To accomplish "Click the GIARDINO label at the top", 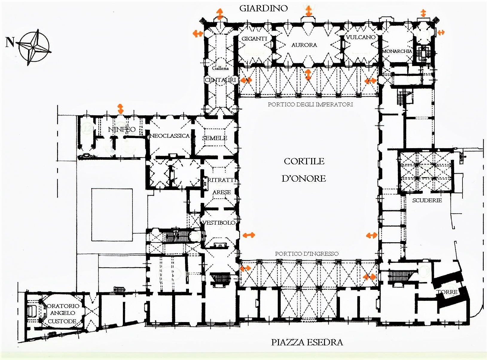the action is [263, 8].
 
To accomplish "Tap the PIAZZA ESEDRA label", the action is [307, 342].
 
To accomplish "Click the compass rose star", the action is [34, 47].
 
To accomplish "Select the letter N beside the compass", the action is [10, 42].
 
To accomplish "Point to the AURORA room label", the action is [304, 45].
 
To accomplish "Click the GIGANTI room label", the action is [254, 39].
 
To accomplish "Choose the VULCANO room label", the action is [361, 37].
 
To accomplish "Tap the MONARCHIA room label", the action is [397, 51].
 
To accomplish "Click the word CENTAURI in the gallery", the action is [220, 80].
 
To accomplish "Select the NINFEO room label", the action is [122, 129].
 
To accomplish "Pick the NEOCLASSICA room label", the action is [169, 136].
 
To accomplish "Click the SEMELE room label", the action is [215, 138].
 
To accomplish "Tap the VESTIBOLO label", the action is [219, 223].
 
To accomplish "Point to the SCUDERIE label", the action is [427, 200].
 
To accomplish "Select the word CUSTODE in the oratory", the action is [62, 321].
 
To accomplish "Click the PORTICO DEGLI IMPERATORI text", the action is [310, 104].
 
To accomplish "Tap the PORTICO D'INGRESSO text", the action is [307, 254].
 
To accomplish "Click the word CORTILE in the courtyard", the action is [304, 161].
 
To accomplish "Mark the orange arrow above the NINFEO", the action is [120, 109].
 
